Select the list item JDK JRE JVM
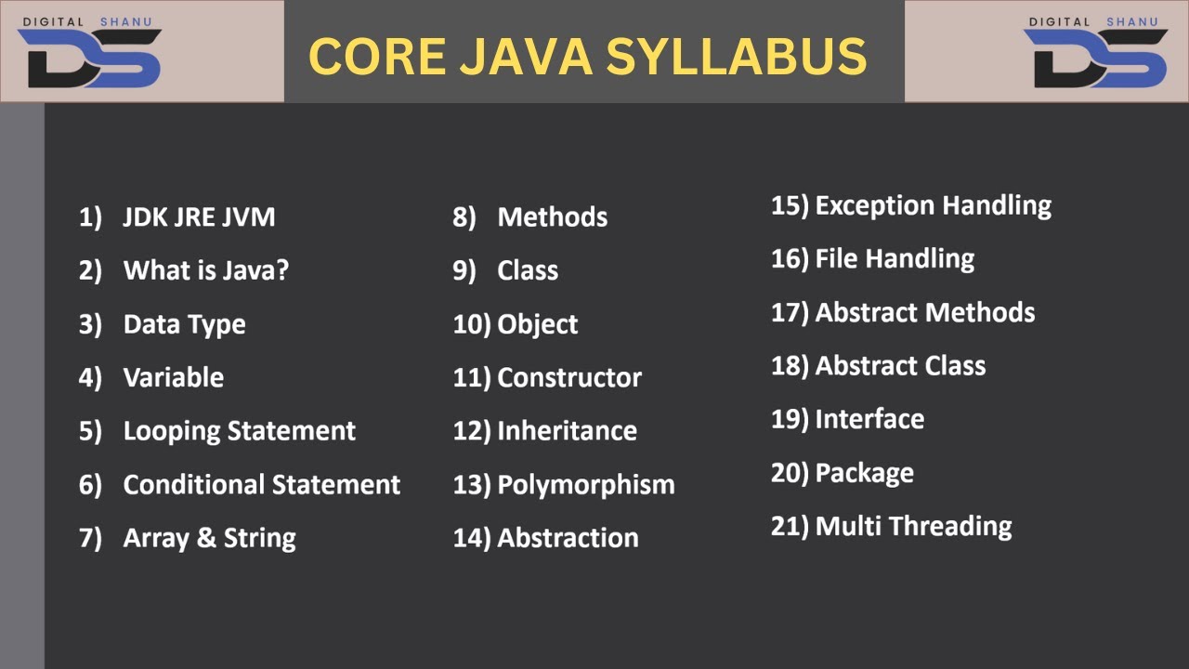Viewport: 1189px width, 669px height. pyautogui.click(x=199, y=217)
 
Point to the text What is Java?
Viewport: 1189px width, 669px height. pyautogui.click(x=206, y=271)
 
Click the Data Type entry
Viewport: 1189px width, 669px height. pyautogui.click(x=184, y=324)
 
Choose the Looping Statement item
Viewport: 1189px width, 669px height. pyautogui.click(x=239, y=431)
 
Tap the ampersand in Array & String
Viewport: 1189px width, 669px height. pyautogui.click(x=206, y=538)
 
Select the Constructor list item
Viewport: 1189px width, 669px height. pyautogui.click(x=569, y=378)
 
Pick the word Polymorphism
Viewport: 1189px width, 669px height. pyautogui.click(x=586, y=485)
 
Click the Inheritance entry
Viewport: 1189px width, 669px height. pyautogui.click(x=567, y=431)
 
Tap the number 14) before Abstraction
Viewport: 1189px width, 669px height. pyautogui.click(x=471, y=538)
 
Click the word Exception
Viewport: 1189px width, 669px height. pyautogui.click(x=870, y=205)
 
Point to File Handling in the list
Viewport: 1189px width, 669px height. pyautogui.click(x=895, y=259)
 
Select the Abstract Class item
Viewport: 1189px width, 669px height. pyautogui.click(x=900, y=366)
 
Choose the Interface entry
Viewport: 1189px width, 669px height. pyautogui.click(x=869, y=419)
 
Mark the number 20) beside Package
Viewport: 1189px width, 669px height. pyautogui.click(x=789, y=473)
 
